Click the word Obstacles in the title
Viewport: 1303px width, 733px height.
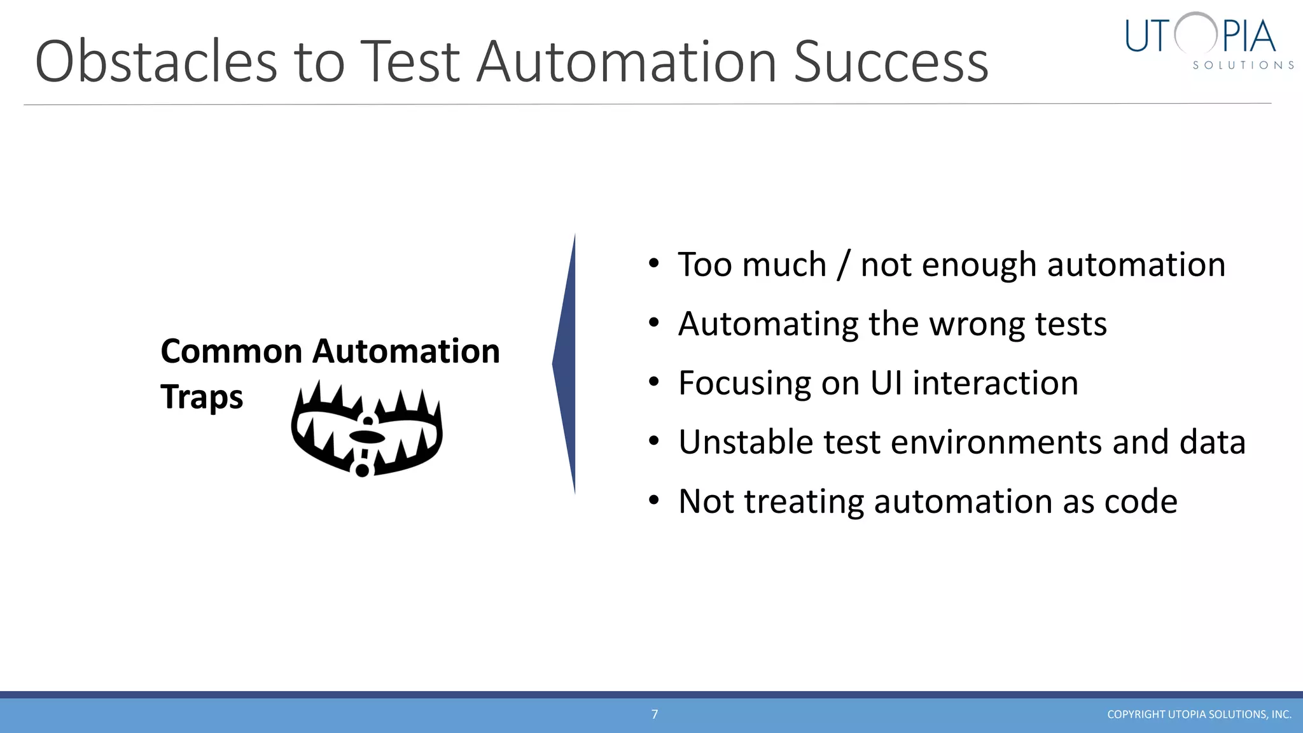[156, 62]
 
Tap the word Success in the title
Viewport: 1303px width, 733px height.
[891, 62]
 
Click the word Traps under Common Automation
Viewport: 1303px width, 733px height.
[201, 398]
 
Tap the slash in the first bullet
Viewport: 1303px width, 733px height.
[843, 265]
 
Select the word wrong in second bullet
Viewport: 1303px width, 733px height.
[977, 324]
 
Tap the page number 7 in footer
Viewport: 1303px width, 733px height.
[655, 714]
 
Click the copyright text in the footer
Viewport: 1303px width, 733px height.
[1199, 715]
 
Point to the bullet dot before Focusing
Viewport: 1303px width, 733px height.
[653, 382]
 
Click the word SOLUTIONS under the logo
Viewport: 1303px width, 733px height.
[1243, 66]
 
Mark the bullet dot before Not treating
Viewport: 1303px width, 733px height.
[653, 501]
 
